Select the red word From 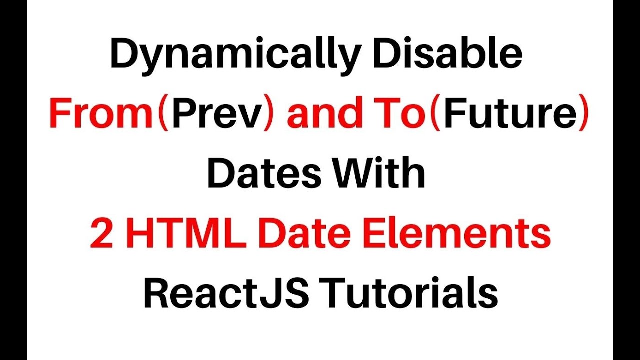pyautogui.click(x=100, y=114)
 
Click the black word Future pyautogui.click(x=510, y=114)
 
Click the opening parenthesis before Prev pyautogui.click(x=163, y=115)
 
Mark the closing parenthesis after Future pyautogui.click(x=583, y=115)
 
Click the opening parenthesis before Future pyautogui.click(x=435, y=115)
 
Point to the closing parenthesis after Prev pyautogui.click(x=269, y=115)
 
